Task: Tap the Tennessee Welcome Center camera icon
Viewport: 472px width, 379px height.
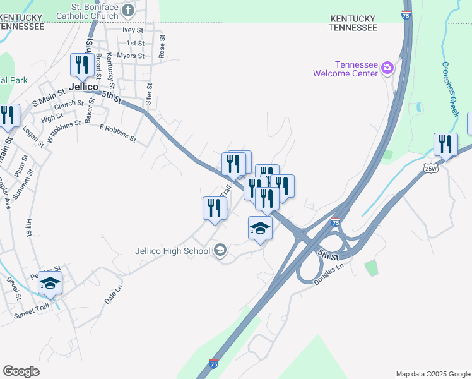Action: click(387, 68)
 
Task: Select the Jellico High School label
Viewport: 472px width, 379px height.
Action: click(172, 251)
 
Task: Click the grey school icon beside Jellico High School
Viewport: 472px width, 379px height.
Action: click(220, 251)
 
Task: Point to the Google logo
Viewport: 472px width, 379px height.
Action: click(21, 371)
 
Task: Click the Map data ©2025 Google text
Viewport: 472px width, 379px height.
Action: click(432, 374)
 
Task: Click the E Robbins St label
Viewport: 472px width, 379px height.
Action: click(118, 131)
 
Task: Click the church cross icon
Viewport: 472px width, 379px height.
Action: click(128, 9)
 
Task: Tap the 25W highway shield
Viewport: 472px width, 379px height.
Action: click(430, 168)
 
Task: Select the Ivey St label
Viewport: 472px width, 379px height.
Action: click(133, 30)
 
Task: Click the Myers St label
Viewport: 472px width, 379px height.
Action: click(131, 56)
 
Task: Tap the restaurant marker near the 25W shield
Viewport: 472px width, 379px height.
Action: click(445, 145)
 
